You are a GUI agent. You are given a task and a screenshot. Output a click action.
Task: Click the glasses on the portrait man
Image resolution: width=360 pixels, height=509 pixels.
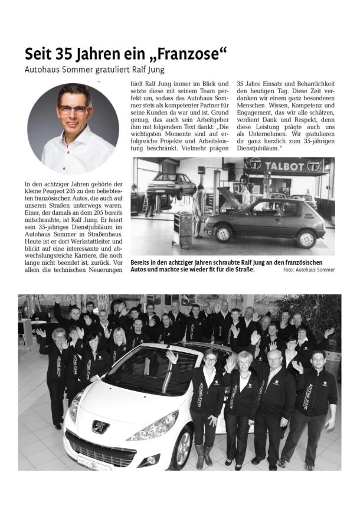coord(74,109)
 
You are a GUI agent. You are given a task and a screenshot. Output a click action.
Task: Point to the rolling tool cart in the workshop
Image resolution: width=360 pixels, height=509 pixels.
coord(183,229)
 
